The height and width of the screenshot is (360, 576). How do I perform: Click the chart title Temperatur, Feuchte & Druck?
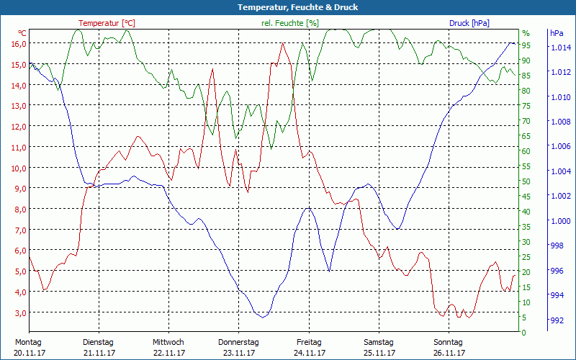pyautogui.click(x=287, y=7)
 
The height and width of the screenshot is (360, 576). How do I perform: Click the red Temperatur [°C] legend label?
pyautogui.click(x=107, y=23)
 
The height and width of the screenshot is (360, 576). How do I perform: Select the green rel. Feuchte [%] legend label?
pyautogui.click(x=289, y=23)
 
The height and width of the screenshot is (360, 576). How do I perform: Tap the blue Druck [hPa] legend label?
pyautogui.click(x=469, y=23)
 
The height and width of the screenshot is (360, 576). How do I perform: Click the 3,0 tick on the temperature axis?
pyautogui.click(x=19, y=312)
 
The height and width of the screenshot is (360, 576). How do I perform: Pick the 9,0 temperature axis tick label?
pyautogui.click(x=19, y=188)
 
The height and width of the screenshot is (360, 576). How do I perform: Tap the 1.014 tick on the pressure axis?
pyautogui.click(x=561, y=48)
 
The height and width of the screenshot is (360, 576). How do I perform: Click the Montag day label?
pyautogui.click(x=27, y=342)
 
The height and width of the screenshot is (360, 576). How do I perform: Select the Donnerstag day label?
pyautogui.click(x=238, y=342)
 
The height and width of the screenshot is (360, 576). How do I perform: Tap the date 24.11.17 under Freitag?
pyautogui.click(x=308, y=353)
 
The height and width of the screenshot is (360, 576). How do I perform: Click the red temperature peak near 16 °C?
pyautogui.click(x=282, y=44)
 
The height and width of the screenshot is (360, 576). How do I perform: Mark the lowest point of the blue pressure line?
pyautogui.click(x=263, y=317)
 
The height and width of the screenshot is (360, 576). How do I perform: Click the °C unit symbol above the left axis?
pyautogui.click(x=22, y=33)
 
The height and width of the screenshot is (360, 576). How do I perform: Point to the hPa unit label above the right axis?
pyautogui.click(x=557, y=33)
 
